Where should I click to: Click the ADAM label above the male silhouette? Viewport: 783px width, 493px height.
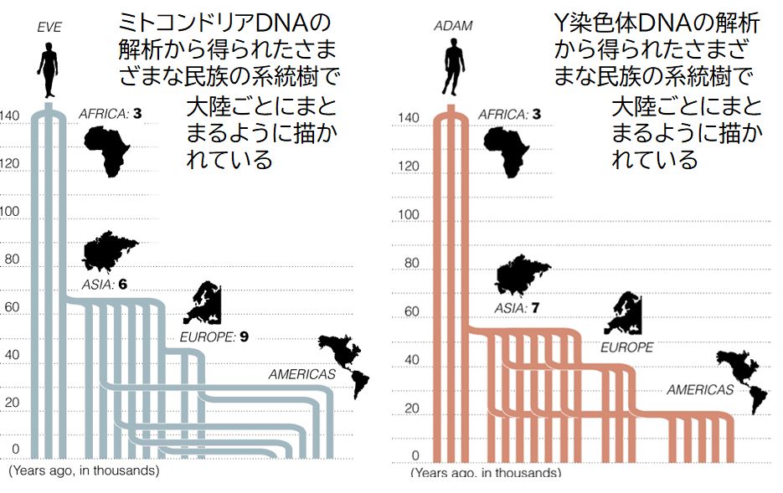click(x=453, y=26)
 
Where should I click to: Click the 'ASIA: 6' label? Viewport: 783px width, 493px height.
click(x=104, y=285)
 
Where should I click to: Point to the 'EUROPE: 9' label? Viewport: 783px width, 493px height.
click(x=214, y=338)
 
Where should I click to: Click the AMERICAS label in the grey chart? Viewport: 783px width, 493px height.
click(x=302, y=374)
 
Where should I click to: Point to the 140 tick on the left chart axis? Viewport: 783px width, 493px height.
click(x=10, y=116)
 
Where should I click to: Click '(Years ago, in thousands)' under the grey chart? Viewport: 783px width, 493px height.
click(x=84, y=471)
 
